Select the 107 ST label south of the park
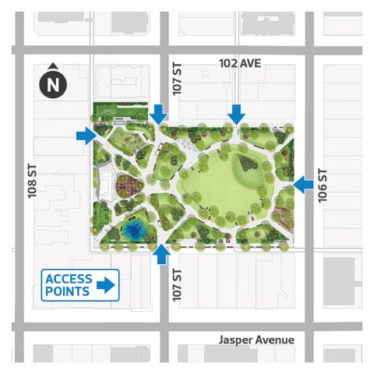tap(177, 286)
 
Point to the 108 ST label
tap(32, 182)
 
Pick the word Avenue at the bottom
tap(275, 340)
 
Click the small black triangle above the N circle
tap(53, 67)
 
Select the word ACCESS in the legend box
tap(69, 279)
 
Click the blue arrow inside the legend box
tap(105, 286)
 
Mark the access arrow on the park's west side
tap(86, 137)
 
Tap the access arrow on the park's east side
tap(304, 184)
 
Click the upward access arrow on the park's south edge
tap(161, 254)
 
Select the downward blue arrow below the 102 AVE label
tap(236, 115)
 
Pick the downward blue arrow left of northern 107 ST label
tap(159, 115)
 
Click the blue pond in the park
tap(134, 231)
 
